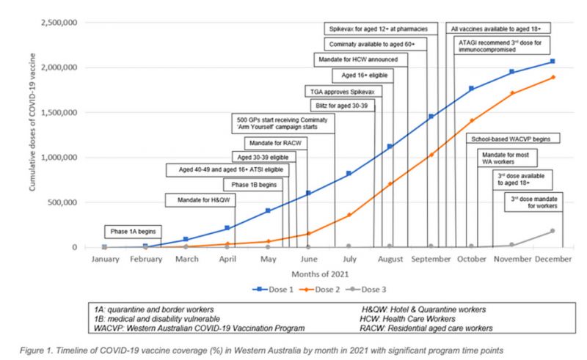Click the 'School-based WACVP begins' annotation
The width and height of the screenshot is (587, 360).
click(x=514, y=138)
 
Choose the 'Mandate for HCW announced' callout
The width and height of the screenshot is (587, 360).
click(x=355, y=59)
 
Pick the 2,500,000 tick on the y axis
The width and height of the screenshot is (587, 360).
click(x=59, y=23)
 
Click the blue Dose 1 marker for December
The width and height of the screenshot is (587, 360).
click(x=552, y=62)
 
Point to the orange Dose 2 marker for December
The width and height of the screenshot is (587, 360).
click(x=552, y=77)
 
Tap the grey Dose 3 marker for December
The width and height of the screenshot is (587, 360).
click(x=552, y=231)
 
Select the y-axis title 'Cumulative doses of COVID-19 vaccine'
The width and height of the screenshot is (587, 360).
click(x=34, y=135)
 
